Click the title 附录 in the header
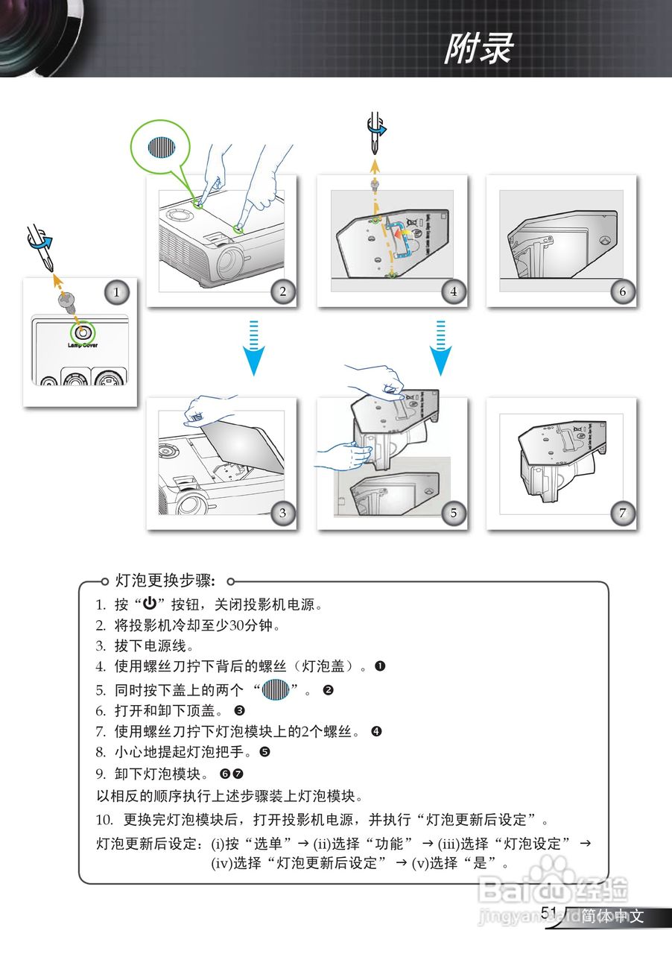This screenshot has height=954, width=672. (479, 50)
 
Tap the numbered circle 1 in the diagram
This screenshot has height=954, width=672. (115, 292)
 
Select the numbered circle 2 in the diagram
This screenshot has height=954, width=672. (282, 291)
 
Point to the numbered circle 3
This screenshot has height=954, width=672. (282, 512)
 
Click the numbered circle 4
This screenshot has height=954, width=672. (453, 291)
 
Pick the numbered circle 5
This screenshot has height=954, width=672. (453, 512)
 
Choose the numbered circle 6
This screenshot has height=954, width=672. (622, 291)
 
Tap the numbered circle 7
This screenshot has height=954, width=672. (622, 512)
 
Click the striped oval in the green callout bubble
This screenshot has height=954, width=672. (161, 147)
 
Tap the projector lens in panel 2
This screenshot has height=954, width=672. (232, 262)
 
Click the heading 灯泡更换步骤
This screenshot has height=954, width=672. (165, 581)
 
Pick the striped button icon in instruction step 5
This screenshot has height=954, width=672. (275, 689)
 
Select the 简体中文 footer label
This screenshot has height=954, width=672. (613, 916)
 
